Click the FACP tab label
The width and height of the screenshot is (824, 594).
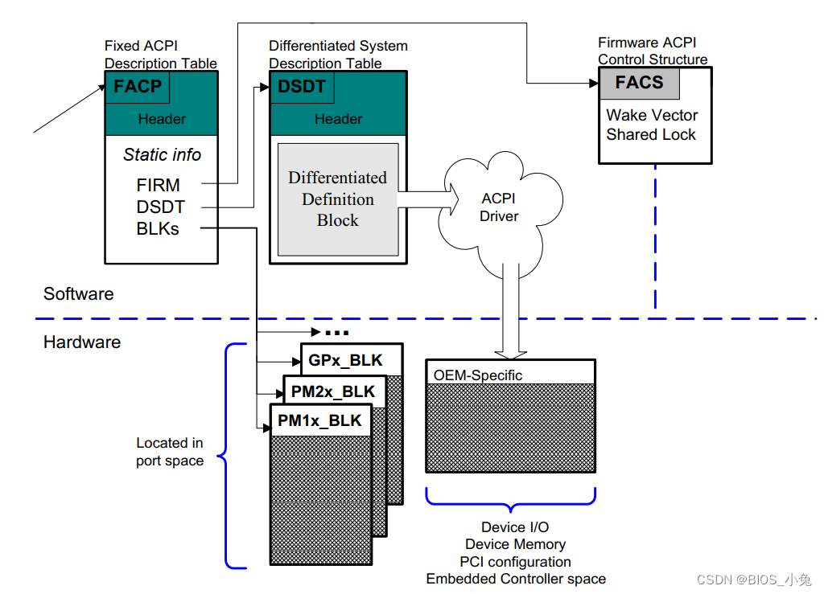[x=138, y=87]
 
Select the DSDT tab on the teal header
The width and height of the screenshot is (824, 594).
[x=303, y=87]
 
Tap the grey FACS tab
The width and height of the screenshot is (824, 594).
[x=640, y=83]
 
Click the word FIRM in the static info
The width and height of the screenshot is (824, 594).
[x=159, y=185]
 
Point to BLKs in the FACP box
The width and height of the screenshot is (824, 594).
[x=158, y=229]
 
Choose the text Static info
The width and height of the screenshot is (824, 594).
[x=162, y=155]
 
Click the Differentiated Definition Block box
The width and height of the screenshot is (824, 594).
[x=338, y=199]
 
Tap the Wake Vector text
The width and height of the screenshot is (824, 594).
[x=652, y=115]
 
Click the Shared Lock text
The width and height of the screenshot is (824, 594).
[x=651, y=135]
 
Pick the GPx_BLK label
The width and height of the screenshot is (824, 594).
[x=345, y=360]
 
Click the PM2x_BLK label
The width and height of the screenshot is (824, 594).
[x=333, y=391]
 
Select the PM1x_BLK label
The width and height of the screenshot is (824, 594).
[x=319, y=420]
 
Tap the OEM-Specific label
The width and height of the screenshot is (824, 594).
[x=478, y=375]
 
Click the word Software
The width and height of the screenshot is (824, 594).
[x=78, y=294]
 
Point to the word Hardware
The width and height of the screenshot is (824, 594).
[x=82, y=342]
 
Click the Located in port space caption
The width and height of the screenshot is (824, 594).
[x=170, y=452]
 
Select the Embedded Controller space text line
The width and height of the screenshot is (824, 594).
[x=516, y=579]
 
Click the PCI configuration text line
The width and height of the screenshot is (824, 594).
[x=515, y=562]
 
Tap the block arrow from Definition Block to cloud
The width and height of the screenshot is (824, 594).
[x=428, y=199]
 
